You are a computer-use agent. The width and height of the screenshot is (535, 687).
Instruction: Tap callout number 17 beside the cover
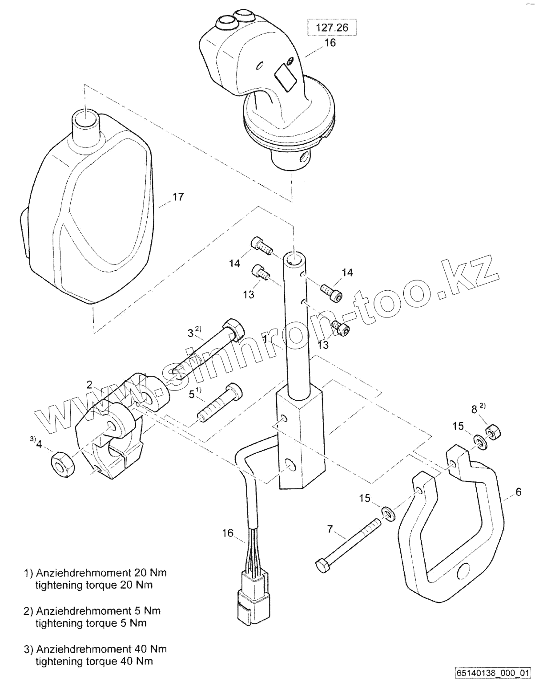coord(178,197)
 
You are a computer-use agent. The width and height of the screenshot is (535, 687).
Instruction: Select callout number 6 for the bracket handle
coord(518,492)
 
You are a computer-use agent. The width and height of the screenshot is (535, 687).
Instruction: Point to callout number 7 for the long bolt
coord(330,529)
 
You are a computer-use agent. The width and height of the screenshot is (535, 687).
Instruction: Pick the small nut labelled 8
coord(493,431)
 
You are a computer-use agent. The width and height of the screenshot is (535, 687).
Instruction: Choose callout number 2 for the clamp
coord(90,384)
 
